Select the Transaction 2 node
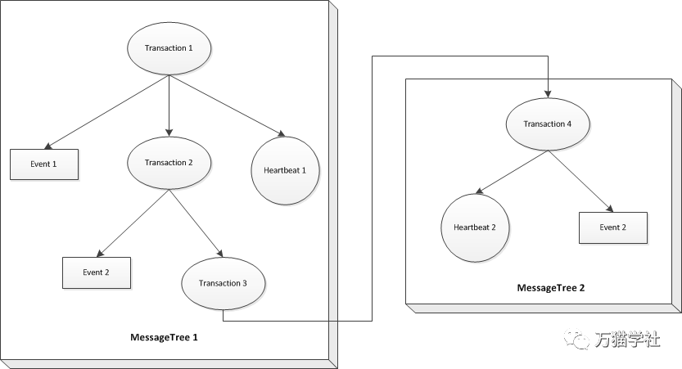(169, 163)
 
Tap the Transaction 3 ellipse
(222, 284)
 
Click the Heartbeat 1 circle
(287, 170)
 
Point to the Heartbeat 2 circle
(476, 227)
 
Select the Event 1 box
(44, 164)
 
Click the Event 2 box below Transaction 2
(97, 272)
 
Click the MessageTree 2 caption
(550, 288)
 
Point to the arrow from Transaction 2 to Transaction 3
(196, 223)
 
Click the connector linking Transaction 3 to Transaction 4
(373, 188)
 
